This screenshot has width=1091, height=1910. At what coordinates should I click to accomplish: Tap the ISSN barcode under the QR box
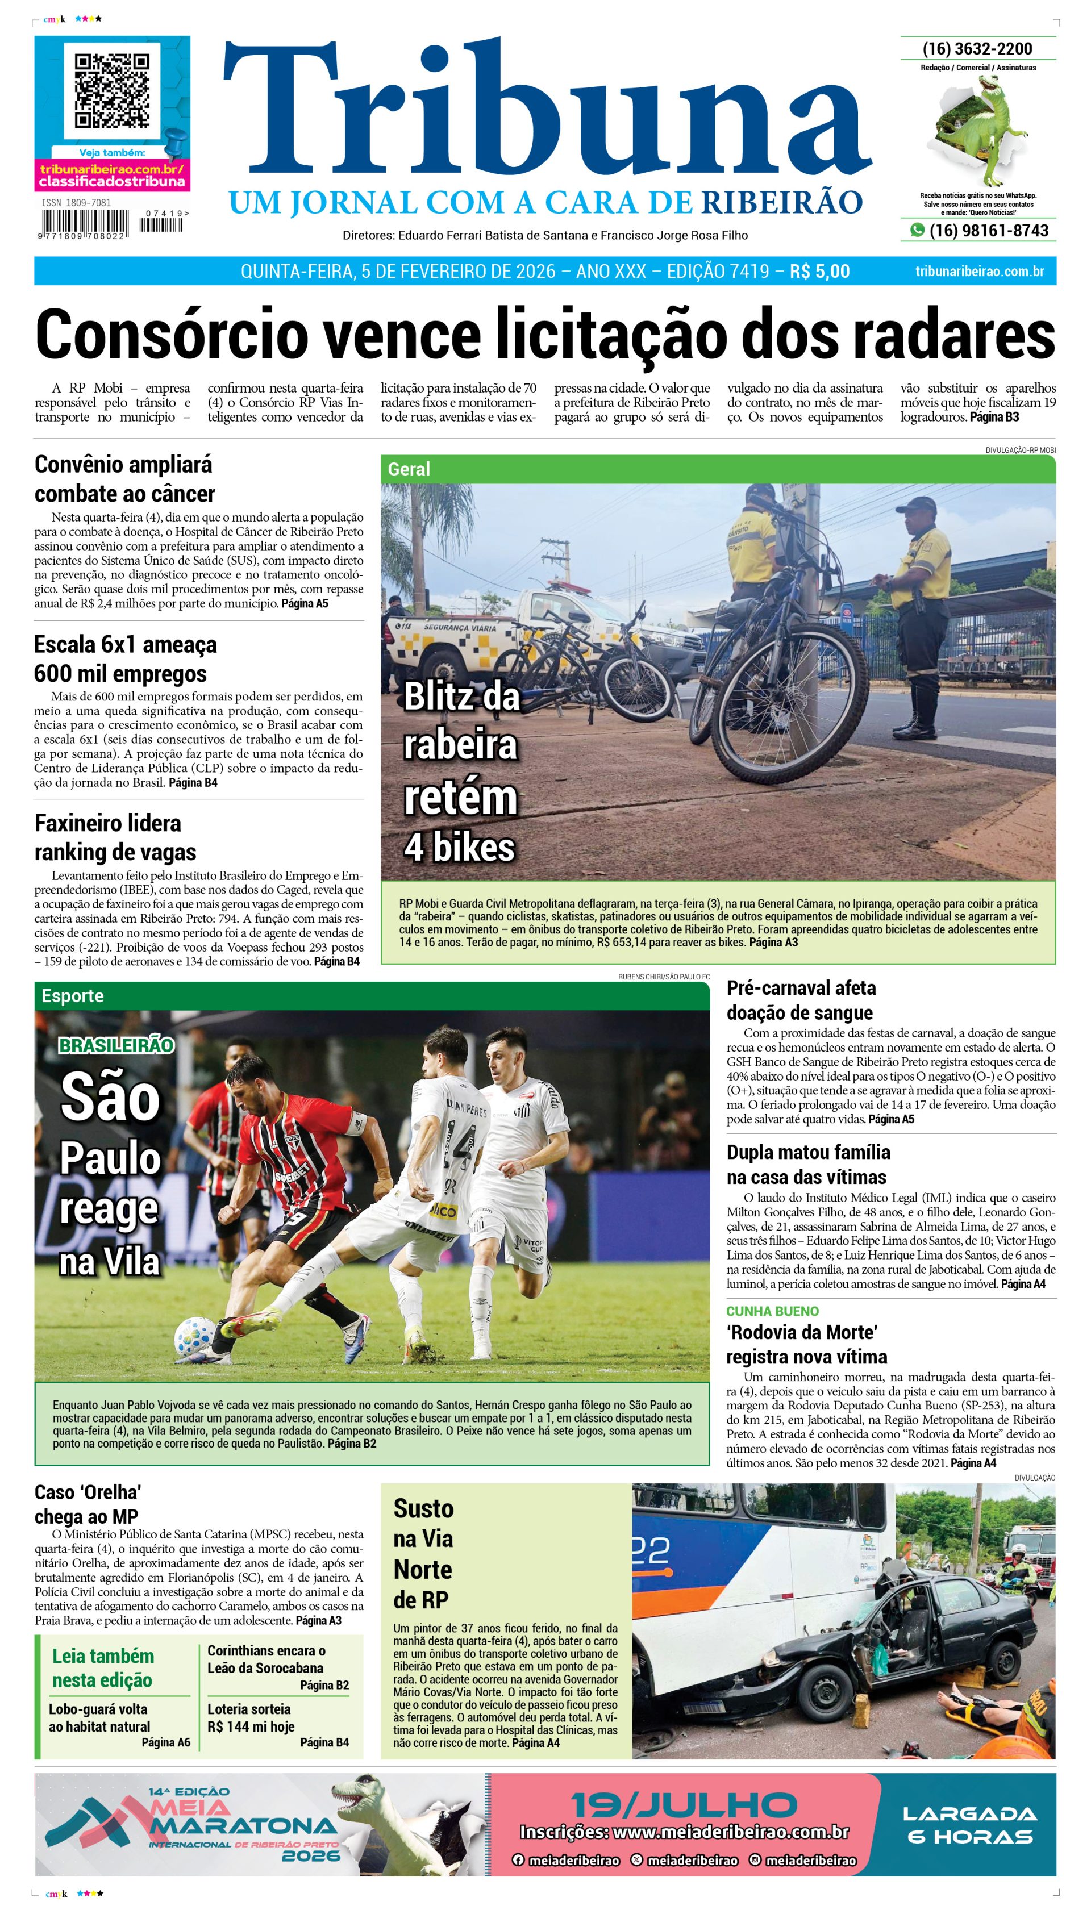[84, 224]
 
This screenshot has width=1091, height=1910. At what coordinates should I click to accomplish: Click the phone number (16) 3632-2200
[977, 49]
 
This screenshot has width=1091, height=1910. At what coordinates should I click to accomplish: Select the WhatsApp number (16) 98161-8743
[988, 231]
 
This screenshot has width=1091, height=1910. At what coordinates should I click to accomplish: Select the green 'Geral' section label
[409, 469]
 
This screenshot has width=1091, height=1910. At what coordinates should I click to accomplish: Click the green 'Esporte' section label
[72, 995]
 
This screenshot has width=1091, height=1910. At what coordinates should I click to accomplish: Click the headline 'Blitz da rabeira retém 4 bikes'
[460, 771]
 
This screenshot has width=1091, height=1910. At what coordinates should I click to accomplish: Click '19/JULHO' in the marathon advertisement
[684, 1804]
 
